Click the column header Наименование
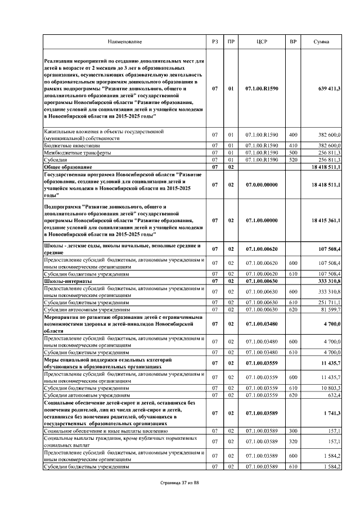125,42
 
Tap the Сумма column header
322,42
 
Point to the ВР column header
292,42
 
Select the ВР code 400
292,135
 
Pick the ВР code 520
292,160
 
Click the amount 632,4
332,395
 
